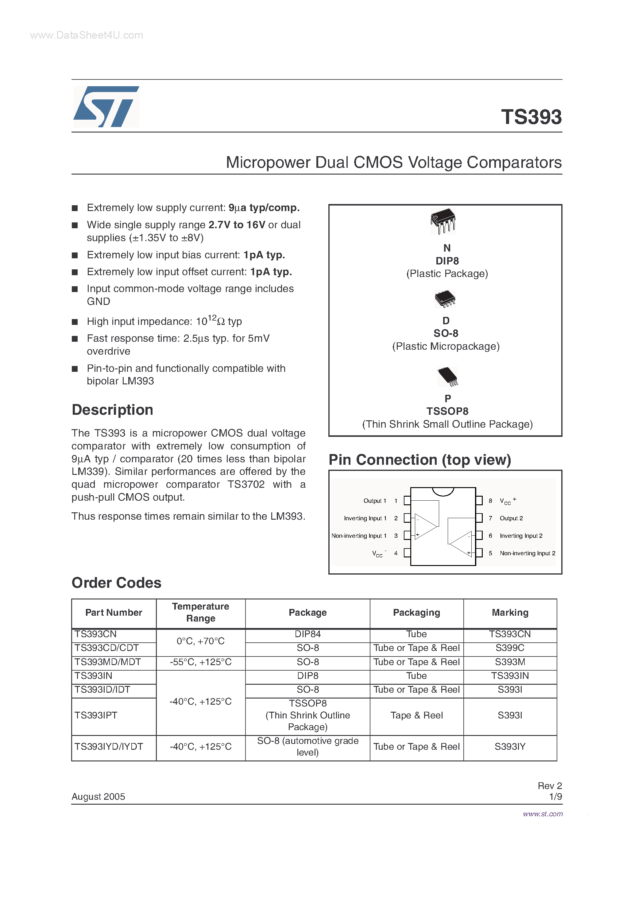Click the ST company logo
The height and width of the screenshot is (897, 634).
[x=106, y=107]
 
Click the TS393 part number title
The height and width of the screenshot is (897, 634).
[x=531, y=117]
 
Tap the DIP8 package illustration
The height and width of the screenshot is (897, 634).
[x=443, y=221]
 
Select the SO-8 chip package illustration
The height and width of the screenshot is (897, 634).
[x=445, y=298]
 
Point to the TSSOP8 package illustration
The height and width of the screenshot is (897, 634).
[x=447, y=376]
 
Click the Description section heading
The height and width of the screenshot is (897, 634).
[x=113, y=410]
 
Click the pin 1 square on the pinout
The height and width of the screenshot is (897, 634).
[x=407, y=500]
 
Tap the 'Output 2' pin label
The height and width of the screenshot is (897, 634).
[x=511, y=518]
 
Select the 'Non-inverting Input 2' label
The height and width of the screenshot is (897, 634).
[x=527, y=553]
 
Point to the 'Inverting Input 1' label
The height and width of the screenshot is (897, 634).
[x=365, y=518]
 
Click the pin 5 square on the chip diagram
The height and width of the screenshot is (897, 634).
[x=479, y=553]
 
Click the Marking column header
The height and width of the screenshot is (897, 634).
[x=510, y=613]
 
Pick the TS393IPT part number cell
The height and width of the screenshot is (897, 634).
[x=96, y=715]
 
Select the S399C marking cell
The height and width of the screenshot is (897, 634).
[x=510, y=648]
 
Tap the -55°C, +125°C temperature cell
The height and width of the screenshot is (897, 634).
[x=200, y=662]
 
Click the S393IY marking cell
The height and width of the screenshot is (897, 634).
[x=510, y=747]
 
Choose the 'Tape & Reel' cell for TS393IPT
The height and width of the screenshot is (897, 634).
[x=416, y=715]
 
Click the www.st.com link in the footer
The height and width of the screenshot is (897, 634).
[x=543, y=814]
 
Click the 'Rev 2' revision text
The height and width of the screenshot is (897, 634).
[x=549, y=786]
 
